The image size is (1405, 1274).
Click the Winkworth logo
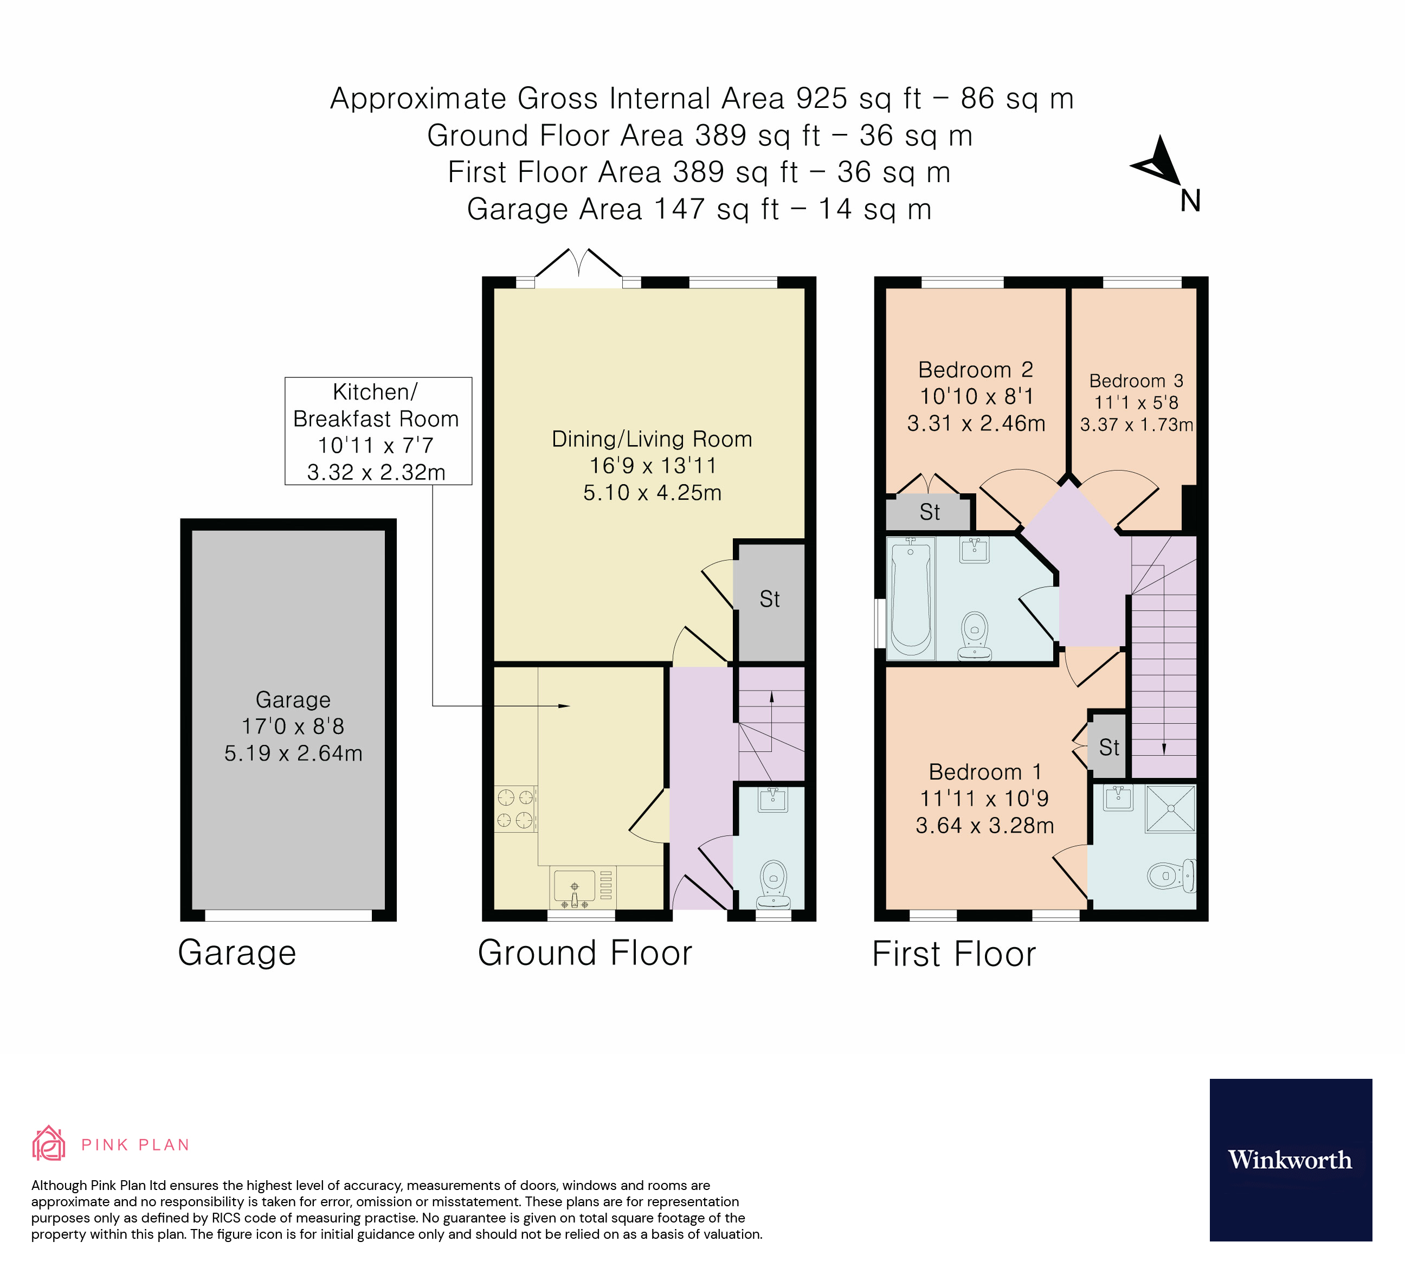click(1290, 1160)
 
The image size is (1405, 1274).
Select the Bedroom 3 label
click(1136, 381)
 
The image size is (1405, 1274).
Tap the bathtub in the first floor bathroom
click(911, 597)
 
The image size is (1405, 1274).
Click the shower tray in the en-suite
click(1171, 808)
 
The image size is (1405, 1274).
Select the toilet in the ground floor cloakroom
click(774, 881)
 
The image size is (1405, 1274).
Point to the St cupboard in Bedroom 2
click(929, 512)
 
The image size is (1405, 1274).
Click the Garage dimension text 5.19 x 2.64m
click(293, 754)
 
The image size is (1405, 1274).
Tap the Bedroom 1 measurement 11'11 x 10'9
click(984, 799)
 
